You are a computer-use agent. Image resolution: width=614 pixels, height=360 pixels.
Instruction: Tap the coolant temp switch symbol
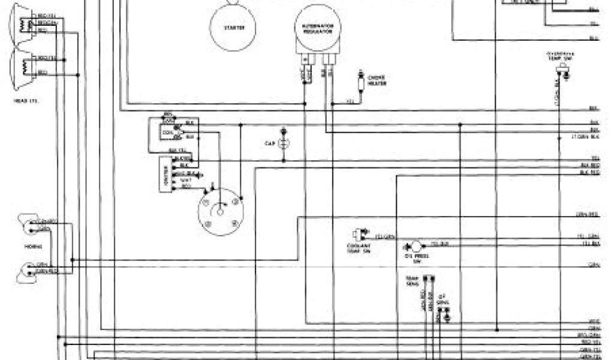(x=362, y=235)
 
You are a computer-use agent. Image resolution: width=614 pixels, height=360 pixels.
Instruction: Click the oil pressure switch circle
(x=413, y=246)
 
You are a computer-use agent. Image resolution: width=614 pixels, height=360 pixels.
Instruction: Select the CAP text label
(x=270, y=143)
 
